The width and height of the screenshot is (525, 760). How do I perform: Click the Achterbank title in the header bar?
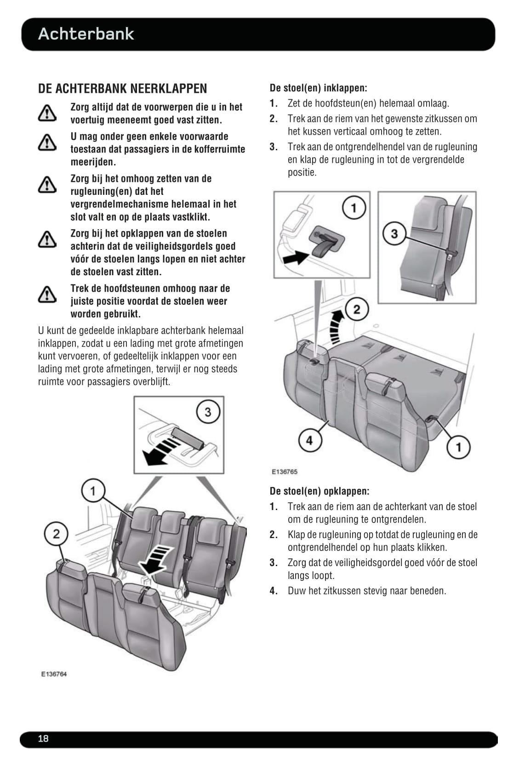coord(86,34)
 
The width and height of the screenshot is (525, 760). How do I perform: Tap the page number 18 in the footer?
coord(43,738)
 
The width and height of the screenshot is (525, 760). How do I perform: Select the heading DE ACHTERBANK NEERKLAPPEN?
coord(122,89)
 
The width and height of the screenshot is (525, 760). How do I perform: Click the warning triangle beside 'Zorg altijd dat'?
coord(47,113)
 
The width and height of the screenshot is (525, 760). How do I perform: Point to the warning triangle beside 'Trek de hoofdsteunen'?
coord(47,294)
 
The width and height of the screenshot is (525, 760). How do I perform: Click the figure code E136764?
coord(54,674)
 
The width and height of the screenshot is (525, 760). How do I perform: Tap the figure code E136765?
coord(285,471)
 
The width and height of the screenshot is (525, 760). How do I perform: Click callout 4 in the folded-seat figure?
coord(309,440)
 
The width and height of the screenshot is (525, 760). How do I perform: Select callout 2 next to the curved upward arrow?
coord(357,309)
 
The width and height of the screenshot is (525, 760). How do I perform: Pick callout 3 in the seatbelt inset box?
coord(394,233)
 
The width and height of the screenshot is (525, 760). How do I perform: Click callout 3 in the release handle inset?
coord(208,412)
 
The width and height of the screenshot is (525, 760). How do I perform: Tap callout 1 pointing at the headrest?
coord(93,490)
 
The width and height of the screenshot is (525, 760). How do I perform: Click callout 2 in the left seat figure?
coord(56,533)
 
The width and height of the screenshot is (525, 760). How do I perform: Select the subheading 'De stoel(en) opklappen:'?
coord(320,491)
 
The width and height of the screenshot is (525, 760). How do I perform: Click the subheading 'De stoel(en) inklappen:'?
coord(318,88)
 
